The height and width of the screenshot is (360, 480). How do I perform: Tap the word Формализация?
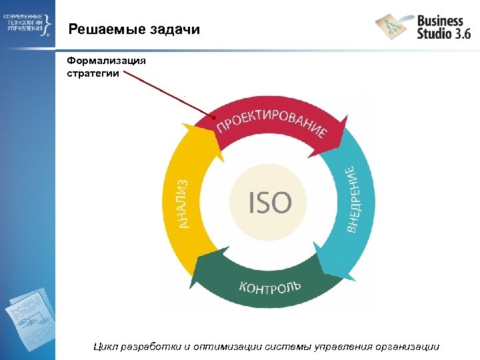105,61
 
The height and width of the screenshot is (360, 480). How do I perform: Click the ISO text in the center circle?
270,202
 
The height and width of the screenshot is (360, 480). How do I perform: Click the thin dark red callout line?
167,96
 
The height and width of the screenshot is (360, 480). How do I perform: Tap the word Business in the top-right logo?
439,20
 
